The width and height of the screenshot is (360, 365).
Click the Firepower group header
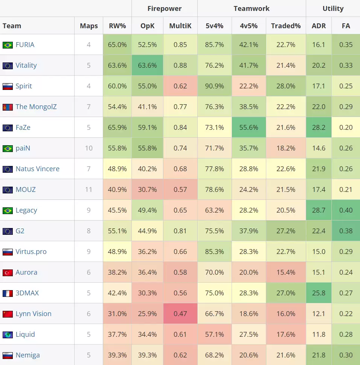pos(164,8)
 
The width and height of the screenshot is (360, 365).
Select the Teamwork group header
pos(252,8)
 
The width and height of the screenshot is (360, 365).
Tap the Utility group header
pos(333,8)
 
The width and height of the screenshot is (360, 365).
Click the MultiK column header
pos(180,26)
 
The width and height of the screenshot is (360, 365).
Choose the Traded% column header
pos(286,26)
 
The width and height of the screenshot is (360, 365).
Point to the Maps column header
pos(88,26)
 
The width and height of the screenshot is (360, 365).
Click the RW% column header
pos(117,26)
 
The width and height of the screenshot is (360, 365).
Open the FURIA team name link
pos(25,45)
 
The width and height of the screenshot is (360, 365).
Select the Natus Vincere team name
pos(37,169)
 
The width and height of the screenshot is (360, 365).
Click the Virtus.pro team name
pos(31,252)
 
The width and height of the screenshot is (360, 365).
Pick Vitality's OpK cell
pos(147,65)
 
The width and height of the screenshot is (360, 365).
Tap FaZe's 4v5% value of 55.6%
pos(249,128)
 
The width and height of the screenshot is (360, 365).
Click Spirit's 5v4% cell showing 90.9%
pos(214,86)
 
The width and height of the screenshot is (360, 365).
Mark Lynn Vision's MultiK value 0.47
pos(180,314)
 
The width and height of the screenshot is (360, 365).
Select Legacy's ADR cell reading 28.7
pos(319,210)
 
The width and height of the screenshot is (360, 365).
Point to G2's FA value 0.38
pos(346,231)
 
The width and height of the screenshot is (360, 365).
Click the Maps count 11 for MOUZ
pos(88,190)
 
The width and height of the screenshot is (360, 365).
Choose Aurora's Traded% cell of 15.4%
pos(286,272)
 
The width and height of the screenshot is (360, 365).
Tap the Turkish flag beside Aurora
pos(8,272)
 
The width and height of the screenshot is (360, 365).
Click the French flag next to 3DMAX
pos(8,293)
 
